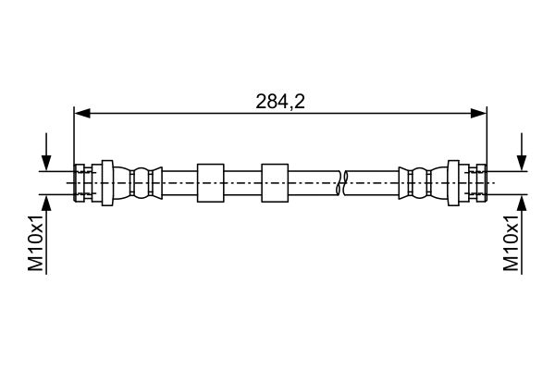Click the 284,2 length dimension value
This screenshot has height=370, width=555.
point(280,102)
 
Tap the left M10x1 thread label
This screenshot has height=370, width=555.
point(35,242)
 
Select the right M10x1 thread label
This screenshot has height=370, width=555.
point(511,242)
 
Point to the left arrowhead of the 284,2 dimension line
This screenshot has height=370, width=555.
point(82,113)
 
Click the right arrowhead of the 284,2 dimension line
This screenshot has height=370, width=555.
point(478,113)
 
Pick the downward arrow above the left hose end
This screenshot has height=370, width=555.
point(46,152)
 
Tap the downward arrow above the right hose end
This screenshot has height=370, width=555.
point(522,152)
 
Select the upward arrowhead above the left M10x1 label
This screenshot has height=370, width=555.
point(46,203)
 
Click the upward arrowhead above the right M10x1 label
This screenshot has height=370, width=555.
point(522,203)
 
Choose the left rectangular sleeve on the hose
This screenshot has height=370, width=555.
point(211,183)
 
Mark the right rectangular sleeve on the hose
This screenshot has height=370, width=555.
point(275,183)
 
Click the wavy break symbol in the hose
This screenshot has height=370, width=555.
point(341,183)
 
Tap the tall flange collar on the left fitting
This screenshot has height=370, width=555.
point(107,183)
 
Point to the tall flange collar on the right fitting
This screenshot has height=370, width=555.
point(453,183)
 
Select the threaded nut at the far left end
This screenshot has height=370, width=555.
point(80,183)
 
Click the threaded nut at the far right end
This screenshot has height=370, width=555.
point(481,183)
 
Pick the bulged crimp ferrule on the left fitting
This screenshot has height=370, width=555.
point(138,183)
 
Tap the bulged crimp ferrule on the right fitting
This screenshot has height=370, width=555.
point(423,183)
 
